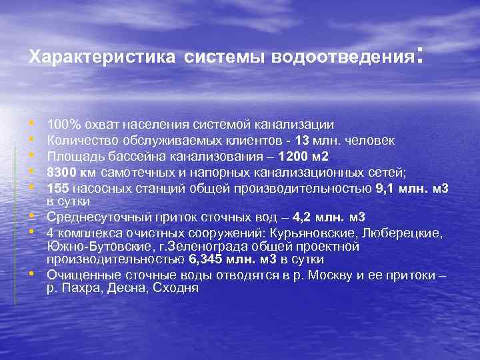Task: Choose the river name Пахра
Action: (81, 288)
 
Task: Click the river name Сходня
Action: (176, 288)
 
